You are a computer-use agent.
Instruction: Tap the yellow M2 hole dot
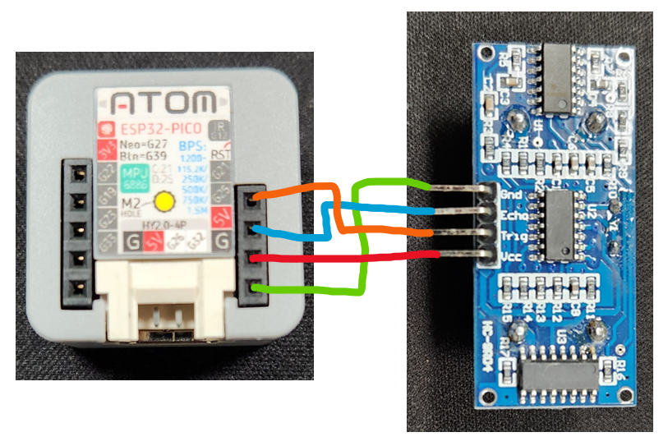[x=164, y=201]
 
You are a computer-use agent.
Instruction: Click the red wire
[x=345, y=258]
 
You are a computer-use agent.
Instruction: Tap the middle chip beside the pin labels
[x=560, y=222]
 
